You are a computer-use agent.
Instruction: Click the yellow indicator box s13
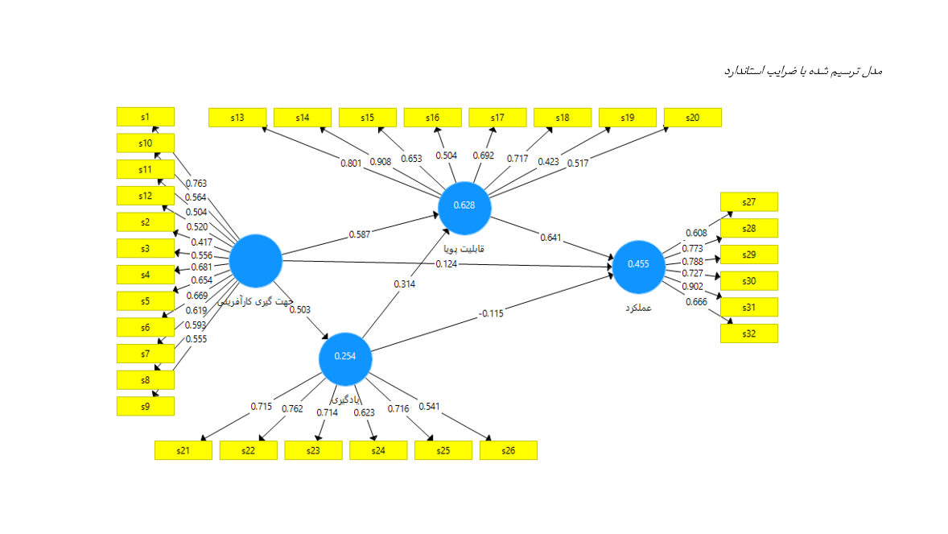tap(237, 118)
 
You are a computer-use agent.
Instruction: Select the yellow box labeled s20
tap(692, 118)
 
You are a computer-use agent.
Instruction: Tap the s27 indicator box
tap(748, 202)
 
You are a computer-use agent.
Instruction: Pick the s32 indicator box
tap(748, 333)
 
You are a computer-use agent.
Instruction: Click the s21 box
tap(183, 450)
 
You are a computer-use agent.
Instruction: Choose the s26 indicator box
tap(508, 450)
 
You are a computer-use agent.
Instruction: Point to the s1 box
tap(145, 117)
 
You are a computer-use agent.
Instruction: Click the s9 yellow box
tap(145, 406)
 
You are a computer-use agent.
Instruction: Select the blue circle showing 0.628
tap(464, 205)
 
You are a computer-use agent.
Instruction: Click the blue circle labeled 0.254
tap(345, 357)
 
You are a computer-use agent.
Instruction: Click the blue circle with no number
tap(255, 261)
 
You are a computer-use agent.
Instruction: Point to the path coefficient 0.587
tap(360, 234)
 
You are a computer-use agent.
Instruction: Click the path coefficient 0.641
tap(551, 238)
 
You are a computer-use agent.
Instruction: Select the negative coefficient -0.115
tap(490, 313)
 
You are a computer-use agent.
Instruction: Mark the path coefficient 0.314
tap(405, 284)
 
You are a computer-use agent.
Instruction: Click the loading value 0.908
tap(381, 162)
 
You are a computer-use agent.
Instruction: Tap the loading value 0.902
tap(691, 287)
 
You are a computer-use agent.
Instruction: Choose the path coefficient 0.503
tap(300, 309)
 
